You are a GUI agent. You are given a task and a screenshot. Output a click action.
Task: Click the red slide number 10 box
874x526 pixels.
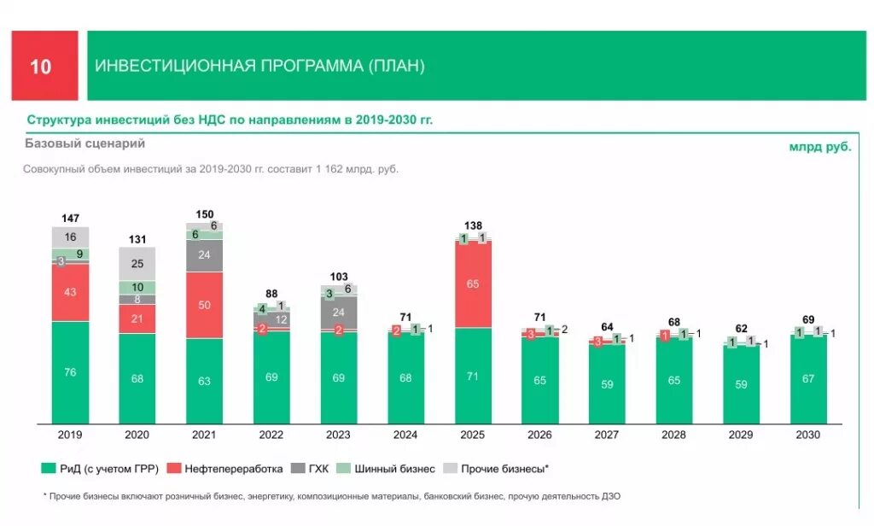point(44,67)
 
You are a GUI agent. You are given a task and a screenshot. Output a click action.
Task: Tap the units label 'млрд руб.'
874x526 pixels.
point(819,147)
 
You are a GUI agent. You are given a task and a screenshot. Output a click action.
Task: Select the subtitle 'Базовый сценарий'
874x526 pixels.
point(85,143)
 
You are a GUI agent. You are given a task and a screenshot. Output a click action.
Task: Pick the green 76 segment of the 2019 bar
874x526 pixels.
point(70,371)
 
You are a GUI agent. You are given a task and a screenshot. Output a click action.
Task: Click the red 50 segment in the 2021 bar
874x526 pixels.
point(204,305)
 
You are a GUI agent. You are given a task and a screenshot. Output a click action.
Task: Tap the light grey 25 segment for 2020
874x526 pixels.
point(137,264)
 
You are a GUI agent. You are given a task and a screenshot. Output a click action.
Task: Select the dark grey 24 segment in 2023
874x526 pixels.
point(339,312)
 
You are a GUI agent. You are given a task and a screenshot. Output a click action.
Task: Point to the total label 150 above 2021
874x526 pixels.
point(204,214)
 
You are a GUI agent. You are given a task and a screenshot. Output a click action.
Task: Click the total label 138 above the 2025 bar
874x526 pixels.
point(473,226)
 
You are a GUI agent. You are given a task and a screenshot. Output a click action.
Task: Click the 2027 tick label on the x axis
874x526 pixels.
point(607,435)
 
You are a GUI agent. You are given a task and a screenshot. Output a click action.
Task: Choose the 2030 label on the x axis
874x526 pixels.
point(807,435)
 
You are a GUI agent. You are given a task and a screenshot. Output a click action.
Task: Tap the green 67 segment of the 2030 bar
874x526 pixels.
point(807,379)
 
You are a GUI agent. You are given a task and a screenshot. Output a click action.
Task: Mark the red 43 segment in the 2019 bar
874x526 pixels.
point(70,292)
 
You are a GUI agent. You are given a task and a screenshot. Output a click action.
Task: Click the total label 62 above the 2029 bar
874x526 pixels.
point(741,328)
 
